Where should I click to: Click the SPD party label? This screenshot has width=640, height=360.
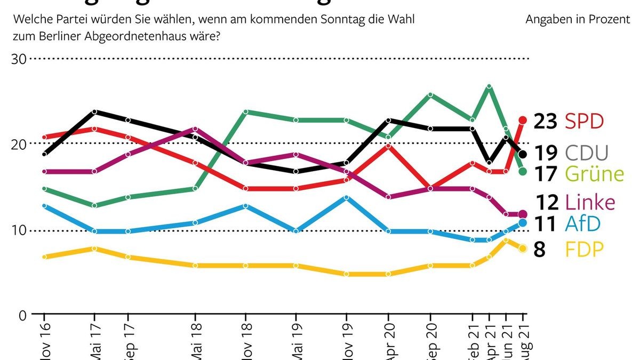pyautogui.click(x=584, y=122)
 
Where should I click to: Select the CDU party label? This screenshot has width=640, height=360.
pyautogui.click(x=586, y=154)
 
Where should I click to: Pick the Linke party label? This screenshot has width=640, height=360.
pyautogui.click(x=590, y=202)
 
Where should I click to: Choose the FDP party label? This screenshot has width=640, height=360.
pyautogui.click(x=585, y=249)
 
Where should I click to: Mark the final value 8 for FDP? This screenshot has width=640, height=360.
pyautogui.click(x=539, y=249)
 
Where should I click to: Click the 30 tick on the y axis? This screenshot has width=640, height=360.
pyautogui.click(x=19, y=59)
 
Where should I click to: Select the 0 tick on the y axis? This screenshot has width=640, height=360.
pyautogui.click(x=23, y=315)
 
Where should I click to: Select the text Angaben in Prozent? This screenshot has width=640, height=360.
pyautogui.click(x=577, y=20)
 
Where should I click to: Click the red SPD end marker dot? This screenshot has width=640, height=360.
pyautogui.click(x=523, y=121)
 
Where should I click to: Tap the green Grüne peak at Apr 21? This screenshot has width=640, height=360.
pyautogui.click(x=489, y=86)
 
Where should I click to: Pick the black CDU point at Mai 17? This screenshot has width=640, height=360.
pyautogui.click(x=94, y=111)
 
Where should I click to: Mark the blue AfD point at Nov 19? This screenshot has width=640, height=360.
pyautogui.click(x=347, y=197)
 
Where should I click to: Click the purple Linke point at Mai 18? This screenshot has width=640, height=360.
pyautogui.click(x=195, y=129)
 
